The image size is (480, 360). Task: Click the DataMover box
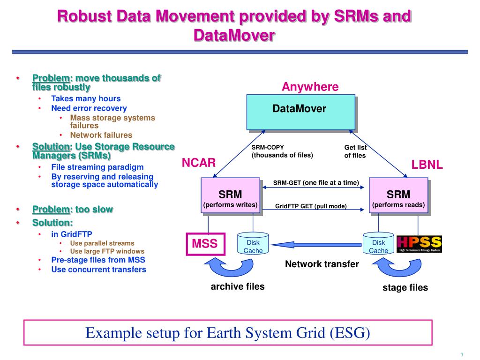coord(300,112)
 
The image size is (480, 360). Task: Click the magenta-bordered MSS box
coord(205,244)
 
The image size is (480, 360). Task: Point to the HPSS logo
coord(419,244)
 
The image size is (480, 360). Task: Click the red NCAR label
coord(199,163)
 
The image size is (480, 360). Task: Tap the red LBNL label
coord(427,165)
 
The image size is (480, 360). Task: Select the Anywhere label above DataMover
coord(310,87)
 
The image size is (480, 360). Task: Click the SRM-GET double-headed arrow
coord(314,187)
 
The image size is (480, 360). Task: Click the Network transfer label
coord(322,264)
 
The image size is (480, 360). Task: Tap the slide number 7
coord(462,354)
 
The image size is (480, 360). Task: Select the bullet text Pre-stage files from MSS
coord(98,260)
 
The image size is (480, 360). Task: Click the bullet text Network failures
coord(101,135)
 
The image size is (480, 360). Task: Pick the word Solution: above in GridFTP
coord(52,222)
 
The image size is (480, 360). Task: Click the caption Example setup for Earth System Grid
coord(228,333)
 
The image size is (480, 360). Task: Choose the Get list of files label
coord(355,151)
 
